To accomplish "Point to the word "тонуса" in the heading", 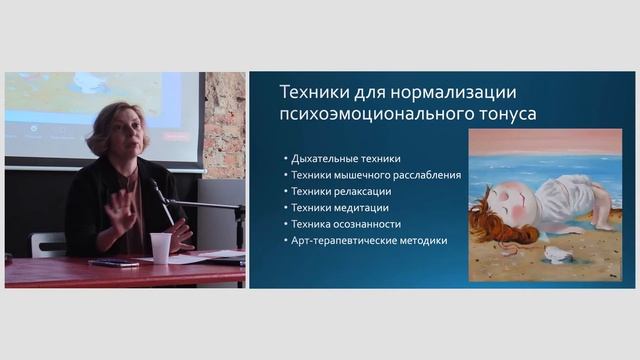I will tap(504, 114).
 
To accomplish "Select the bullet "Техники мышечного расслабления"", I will tap(376, 175).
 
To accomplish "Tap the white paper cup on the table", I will tap(160, 247).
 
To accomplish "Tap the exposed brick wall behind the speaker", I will tap(224, 120).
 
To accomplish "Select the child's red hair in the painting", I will tap(490, 222).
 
